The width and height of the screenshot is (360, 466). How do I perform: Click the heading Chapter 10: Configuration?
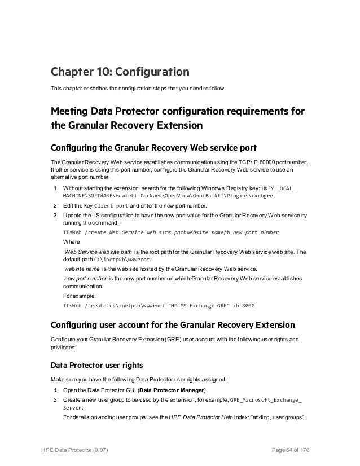(x=120, y=72)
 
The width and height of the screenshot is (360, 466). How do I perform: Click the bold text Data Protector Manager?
(x=173, y=390)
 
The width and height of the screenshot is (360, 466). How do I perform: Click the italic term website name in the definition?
(x=82, y=269)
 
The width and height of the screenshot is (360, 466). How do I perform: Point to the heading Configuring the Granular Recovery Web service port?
(x=153, y=148)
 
